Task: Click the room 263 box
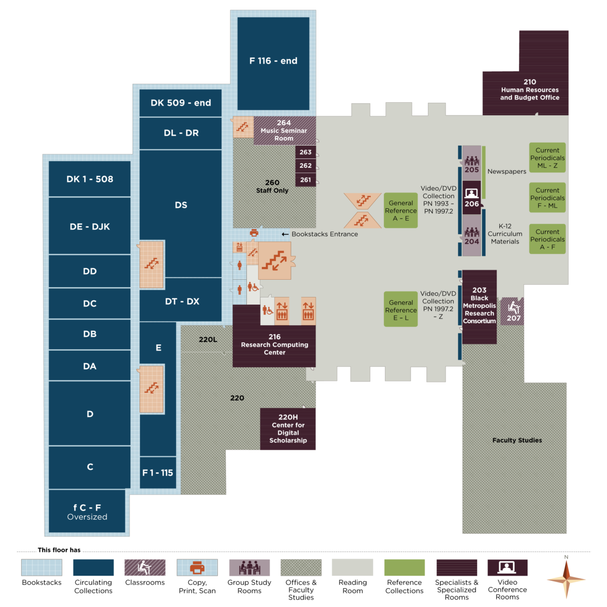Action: click(x=306, y=152)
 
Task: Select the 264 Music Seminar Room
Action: click(x=284, y=131)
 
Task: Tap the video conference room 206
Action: click(x=471, y=198)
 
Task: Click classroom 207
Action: click(x=513, y=311)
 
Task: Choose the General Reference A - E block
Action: click(x=401, y=210)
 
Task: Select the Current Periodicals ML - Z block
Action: click(x=547, y=158)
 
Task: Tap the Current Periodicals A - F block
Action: click(x=547, y=239)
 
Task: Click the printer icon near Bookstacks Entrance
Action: click(x=254, y=233)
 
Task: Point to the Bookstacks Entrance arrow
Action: click(x=285, y=234)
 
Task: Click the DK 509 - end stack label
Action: click(x=181, y=103)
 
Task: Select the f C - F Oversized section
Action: click(x=87, y=511)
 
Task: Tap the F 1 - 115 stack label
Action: click(x=158, y=472)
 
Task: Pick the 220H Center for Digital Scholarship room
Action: click(x=288, y=429)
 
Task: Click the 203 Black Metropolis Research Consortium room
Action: click(x=479, y=306)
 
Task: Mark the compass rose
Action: click(x=566, y=579)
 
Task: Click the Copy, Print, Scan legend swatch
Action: click(x=197, y=568)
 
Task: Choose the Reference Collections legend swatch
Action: click(x=404, y=568)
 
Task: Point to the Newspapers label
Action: click(x=506, y=171)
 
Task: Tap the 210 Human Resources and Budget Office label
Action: click(x=530, y=90)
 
